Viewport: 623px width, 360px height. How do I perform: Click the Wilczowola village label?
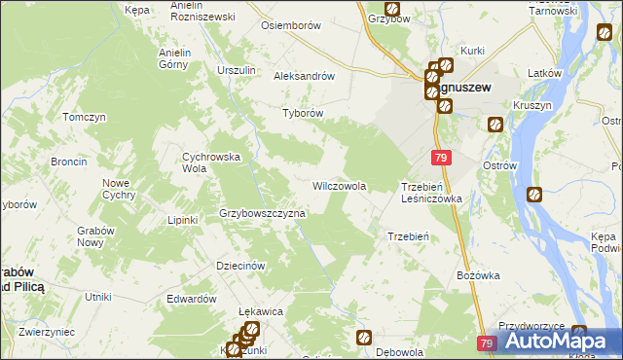338,185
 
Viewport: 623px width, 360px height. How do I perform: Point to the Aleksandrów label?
305,76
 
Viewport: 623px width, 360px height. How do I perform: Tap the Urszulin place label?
237,70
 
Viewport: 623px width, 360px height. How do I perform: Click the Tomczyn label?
84,117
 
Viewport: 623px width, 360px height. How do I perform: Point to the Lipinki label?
182,220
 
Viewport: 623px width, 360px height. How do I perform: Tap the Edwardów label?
191,299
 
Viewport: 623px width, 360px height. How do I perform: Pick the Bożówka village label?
478,275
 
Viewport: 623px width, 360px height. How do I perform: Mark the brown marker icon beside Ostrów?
533,195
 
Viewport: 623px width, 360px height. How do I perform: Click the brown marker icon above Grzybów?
392,8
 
